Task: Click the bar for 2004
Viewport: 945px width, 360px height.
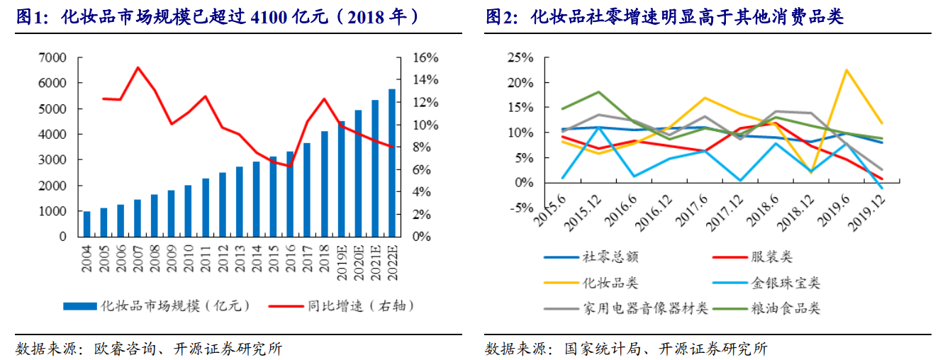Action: tap(86, 224)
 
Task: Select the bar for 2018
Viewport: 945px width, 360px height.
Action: tap(325, 184)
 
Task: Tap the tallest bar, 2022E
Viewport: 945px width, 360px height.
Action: tap(392, 162)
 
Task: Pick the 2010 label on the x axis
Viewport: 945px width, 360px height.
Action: tap(189, 254)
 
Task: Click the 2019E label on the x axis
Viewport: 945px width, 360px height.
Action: tap(341, 259)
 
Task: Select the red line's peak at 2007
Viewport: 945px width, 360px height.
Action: tap(138, 67)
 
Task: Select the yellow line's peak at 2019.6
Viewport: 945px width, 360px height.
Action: tap(846, 69)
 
